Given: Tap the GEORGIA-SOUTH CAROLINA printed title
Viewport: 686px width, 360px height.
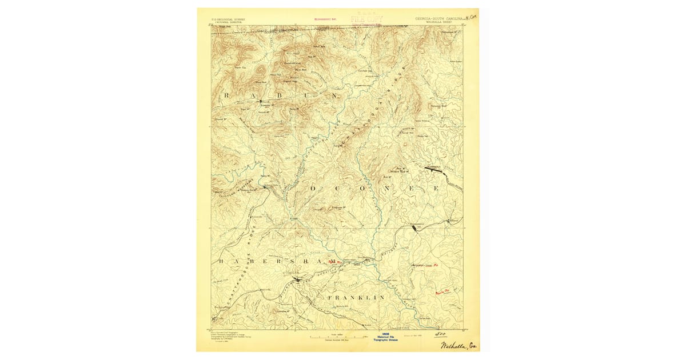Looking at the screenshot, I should point(439,19).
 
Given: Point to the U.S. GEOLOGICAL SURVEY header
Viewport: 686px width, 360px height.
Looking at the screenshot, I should point(224,19).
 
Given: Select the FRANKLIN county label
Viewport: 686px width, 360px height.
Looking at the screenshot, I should point(355,298).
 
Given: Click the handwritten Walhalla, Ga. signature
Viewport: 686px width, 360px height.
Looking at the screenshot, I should point(459,345).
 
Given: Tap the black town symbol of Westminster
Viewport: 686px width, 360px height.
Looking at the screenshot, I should point(414,227).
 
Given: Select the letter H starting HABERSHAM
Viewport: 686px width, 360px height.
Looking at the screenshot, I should point(221,261).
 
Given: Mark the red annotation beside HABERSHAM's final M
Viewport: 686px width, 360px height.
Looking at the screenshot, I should point(334,262).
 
